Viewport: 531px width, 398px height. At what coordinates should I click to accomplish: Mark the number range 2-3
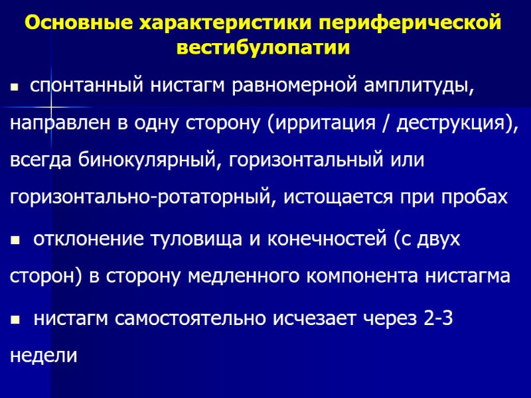pos(438,318)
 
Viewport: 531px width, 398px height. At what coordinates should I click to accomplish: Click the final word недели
pos(44,356)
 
